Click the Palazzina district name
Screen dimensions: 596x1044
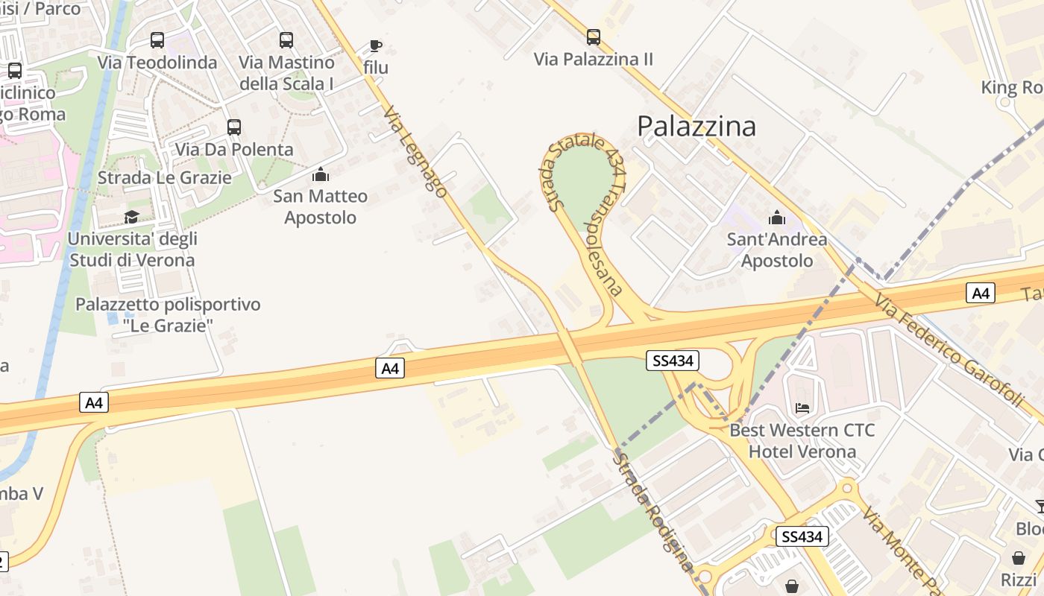point(696,126)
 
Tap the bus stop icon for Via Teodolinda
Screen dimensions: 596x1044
point(157,40)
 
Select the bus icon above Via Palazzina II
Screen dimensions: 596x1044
point(594,37)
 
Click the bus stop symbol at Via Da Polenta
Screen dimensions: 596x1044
point(234,127)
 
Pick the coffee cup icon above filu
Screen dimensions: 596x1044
point(376,46)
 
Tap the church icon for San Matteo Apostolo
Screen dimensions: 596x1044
point(321,174)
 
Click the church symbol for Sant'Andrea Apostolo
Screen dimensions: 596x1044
point(777,218)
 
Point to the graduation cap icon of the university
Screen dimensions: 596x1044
point(132,217)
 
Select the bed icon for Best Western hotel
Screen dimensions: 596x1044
point(802,408)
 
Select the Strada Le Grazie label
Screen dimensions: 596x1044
point(165,178)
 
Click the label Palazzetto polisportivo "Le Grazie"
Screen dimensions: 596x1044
point(168,315)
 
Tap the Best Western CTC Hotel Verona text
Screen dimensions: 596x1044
point(802,441)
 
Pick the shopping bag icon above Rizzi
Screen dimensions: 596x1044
point(1019,558)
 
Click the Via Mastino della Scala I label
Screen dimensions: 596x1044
point(286,73)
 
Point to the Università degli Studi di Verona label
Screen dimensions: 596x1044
point(132,250)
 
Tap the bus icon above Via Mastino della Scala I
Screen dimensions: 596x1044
point(286,40)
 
